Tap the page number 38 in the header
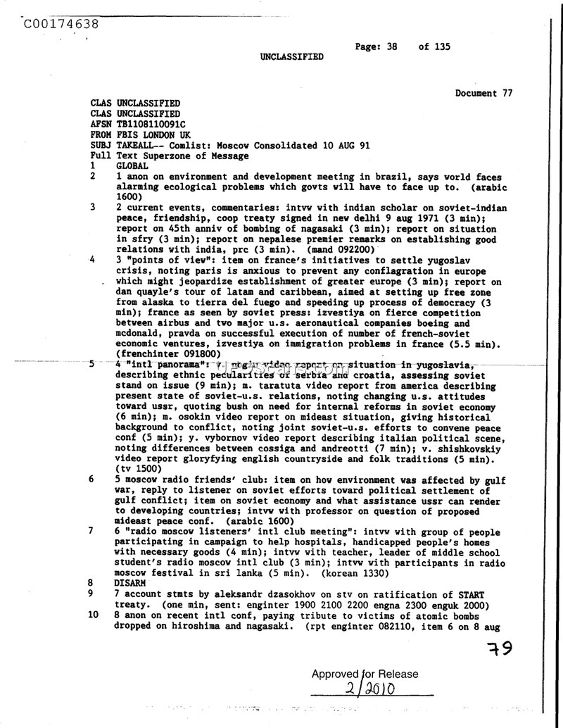click(x=392, y=46)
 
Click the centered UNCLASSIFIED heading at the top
click(x=292, y=57)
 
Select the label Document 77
click(x=483, y=93)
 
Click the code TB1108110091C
click(x=151, y=124)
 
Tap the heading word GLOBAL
click(x=132, y=166)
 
